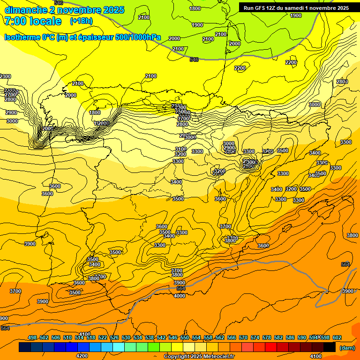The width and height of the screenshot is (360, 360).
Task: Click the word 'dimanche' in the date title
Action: coord(23,10)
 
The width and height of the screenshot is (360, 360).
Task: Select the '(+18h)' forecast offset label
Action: coord(81,21)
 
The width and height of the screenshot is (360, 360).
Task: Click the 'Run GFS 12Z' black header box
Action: coord(296,8)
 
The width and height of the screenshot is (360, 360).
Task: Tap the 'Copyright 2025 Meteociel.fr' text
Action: coord(199,357)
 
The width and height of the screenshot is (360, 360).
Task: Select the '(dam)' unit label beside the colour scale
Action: coord(346,348)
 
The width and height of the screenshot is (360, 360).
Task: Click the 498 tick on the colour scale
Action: coord(32,337)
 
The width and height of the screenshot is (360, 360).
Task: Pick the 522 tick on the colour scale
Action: coord(103,337)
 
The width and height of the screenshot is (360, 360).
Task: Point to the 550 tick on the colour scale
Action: coord(185,337)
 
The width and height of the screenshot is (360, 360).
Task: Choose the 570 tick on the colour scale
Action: coord(243,337)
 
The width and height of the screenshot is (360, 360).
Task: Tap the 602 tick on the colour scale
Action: coord(337,337)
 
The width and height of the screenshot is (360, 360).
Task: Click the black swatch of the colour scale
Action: coord(330,347)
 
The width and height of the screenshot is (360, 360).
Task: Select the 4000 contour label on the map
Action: coord(179,296)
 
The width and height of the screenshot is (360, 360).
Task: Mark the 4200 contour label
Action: coord(82,356)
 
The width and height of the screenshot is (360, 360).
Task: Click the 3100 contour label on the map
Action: coord(180,149)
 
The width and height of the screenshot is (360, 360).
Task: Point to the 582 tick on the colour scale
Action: coord(278,337)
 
